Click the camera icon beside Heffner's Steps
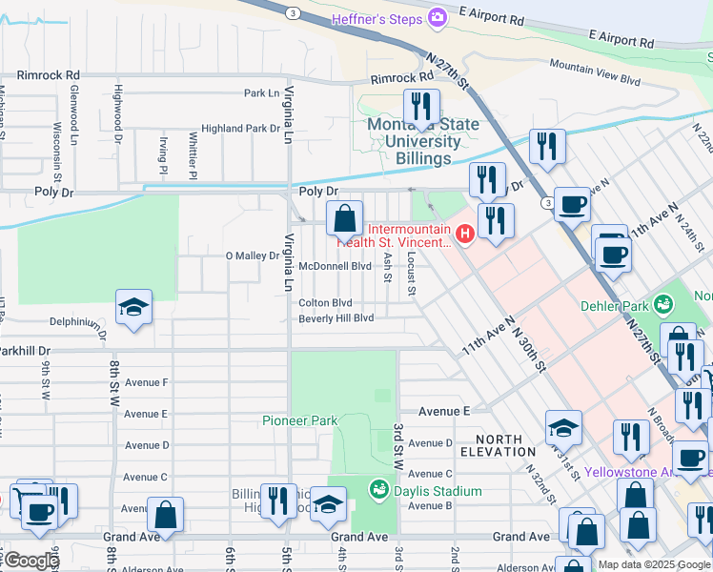(x=438, y=17)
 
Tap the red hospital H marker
(x=465, y=234)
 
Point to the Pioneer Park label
(x=300, y=420)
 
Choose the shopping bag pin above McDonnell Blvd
(x=345, y=218)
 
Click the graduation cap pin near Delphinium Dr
(x=133, y=307)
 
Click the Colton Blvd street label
(x=325, y=303)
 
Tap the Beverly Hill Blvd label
(x=336, y=318)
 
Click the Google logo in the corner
(x=31, y=561)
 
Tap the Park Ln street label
(x=261, y=93)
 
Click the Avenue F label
(x=146, y=383)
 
